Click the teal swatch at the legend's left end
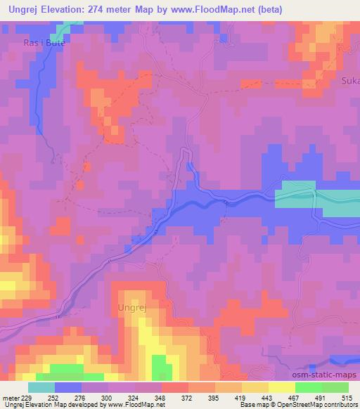41,387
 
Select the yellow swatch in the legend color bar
281,387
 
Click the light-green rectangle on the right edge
295,195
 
